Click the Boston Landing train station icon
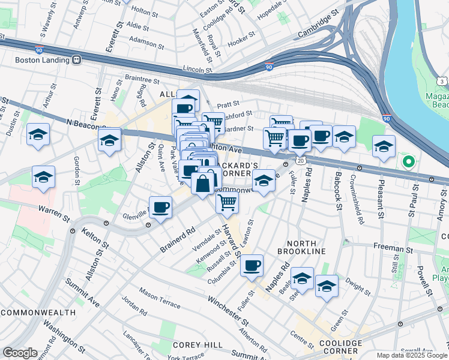point(76,59)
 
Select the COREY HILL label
point(190,345)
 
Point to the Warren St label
point(51,210)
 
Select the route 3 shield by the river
point(442,81)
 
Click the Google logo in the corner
point(20,353)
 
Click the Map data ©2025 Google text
point(412,355)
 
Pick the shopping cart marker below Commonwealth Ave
point(228,203)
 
